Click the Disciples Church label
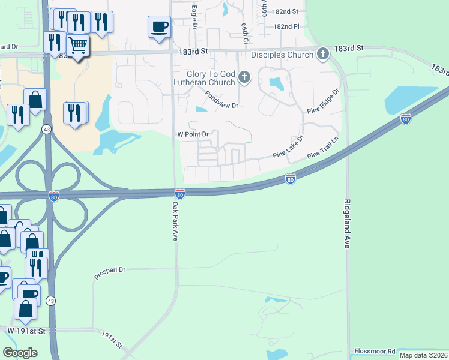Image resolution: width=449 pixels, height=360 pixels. (x=282, y=55)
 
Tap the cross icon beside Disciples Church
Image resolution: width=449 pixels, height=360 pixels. (x=323, y=55)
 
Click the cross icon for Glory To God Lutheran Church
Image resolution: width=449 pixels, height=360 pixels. (x=244, y=77)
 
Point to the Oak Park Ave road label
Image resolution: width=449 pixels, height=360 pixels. (x=176, y=221)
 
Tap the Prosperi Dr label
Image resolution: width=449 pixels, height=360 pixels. (x=109, y=274)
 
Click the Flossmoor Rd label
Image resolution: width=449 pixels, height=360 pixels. (x=375, y=351)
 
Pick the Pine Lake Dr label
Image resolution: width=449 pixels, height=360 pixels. (x=289, y=146)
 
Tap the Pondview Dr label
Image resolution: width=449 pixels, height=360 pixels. (x=221, y=99)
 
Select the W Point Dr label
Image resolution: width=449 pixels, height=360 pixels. (x=192, y=134)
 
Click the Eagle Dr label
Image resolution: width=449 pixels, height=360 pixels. (x=194, y=16)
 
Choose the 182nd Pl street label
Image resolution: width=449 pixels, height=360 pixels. (x=286, y=27)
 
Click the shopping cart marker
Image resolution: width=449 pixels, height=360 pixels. (x=77, y=44)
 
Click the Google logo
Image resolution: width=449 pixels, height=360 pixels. (x=20, y=353)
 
